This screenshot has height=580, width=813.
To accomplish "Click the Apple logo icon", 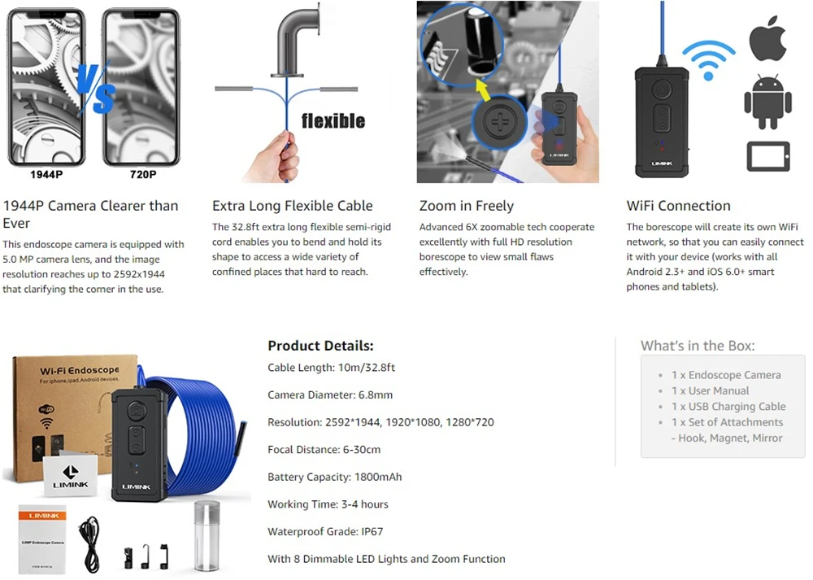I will point(767,41).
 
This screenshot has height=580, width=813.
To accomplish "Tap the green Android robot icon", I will point(767,102).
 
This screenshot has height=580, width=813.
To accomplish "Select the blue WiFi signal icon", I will point(708,59).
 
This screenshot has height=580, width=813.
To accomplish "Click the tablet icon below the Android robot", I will point(768,155).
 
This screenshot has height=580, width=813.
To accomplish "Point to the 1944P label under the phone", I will point(47,174).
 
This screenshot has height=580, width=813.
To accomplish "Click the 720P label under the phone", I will point(143,174).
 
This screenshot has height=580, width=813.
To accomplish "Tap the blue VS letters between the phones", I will point(96,88).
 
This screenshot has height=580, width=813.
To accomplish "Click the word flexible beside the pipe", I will point(333,121).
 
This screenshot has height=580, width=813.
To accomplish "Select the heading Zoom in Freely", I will point(467,206).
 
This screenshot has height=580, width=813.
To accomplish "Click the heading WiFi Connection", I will point(679,206).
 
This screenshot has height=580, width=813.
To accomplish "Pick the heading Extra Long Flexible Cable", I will point(293,206).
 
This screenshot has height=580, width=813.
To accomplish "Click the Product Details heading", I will point(320,346).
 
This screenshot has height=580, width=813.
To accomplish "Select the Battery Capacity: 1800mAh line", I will point(334,477).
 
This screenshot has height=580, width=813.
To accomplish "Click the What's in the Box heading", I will point(698,346).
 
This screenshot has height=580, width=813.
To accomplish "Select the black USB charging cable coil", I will point(89,539).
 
